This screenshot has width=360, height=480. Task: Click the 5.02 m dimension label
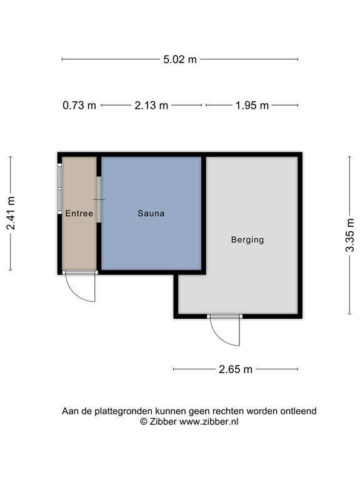(x=180, y=59)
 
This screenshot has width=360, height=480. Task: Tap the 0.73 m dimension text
(x=79, y=105)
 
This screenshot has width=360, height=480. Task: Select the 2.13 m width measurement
(x=151, y=105)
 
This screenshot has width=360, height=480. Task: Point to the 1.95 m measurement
(x=252, y=105)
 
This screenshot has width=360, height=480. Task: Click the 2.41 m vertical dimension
(x=11, y=213)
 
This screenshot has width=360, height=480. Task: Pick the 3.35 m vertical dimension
(x=349, y=235)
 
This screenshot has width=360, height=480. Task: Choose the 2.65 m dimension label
(x=236, y=369)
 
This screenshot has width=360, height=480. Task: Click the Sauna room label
(x=151, y=213)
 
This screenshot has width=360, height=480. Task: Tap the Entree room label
(x=79, y=213)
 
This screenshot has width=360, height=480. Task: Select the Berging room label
(x=247, y=239)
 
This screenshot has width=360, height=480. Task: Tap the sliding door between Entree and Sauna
(x=99, y=199)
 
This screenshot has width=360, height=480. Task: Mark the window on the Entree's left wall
(x=60, y=189)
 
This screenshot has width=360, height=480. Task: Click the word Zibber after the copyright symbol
(x=163, y=421)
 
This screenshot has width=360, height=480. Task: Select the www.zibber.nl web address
(x=209, y=422)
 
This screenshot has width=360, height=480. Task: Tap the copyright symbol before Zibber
(x=144, y=422)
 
